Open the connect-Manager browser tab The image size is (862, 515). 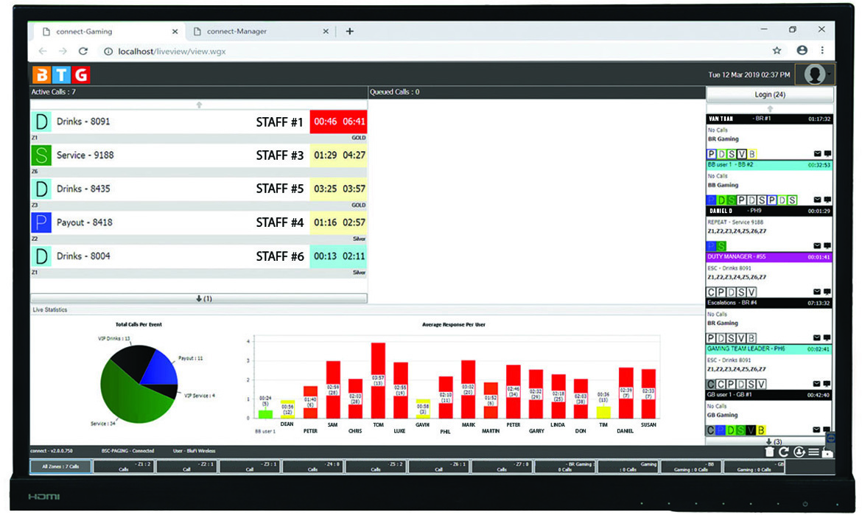[236, 32]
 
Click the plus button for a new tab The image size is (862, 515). [349, 32]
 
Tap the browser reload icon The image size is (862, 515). [83, 51]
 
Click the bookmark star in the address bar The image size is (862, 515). [777, 51]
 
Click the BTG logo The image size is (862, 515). [60, 74]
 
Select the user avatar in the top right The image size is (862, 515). [814, 74]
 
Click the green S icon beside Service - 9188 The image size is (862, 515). [41, 155]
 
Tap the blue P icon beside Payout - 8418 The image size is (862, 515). [41, 223]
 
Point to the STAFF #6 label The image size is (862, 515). [280, 256]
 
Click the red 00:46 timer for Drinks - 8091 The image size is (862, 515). [325, 122]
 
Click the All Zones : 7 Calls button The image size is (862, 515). [60, 467]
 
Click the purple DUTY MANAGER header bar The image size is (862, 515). [769, 257]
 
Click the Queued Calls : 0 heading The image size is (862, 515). [395, 92]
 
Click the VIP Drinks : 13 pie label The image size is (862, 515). [114, 339]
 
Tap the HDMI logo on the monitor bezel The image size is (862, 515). [45, 497]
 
